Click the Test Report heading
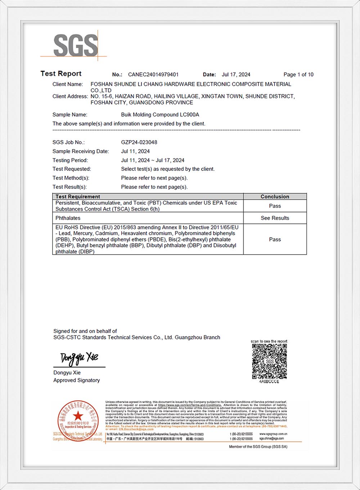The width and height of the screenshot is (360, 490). pos(61,73)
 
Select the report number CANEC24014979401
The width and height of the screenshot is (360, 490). pos(153,75)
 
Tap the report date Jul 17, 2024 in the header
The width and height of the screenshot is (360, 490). pos(236,75)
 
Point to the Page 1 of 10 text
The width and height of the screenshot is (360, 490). pos(298,75)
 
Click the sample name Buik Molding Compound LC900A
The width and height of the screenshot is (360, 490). pos(160,115)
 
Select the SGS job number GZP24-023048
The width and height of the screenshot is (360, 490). pos(139,142)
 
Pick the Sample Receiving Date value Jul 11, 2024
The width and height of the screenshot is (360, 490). pos(135,151)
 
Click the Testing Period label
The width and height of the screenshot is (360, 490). pos(70,160)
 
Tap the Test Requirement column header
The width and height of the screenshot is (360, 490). pos(78,196)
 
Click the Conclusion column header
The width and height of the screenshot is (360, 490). pos(275,196)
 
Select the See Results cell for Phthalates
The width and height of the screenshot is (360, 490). pos(275,218)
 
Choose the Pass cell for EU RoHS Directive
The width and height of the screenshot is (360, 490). pos(275,239)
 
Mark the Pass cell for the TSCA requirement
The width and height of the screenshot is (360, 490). pos(275,206)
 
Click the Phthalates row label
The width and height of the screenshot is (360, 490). pos(68,218)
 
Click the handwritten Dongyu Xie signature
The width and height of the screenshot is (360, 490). pos(79,357)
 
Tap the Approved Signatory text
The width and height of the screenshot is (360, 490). pos(76,380)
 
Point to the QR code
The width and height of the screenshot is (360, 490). pos(269,361)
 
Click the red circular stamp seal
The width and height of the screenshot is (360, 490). pos(78,420)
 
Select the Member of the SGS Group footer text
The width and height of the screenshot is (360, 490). pos(258,447)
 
